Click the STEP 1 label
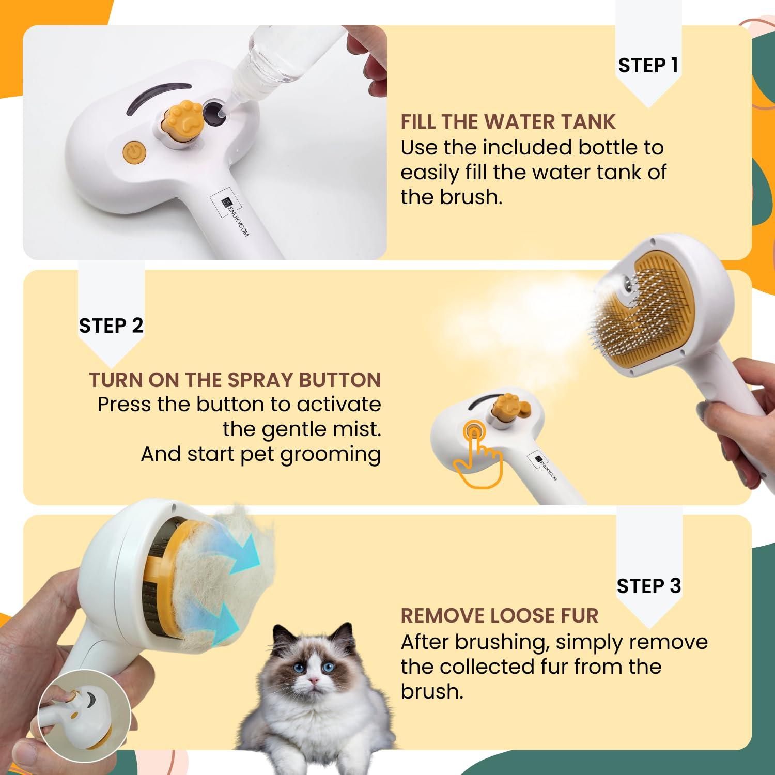[648, 66]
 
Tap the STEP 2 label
[111, 326]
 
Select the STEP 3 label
[648, 586]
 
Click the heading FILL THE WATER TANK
[508, 122]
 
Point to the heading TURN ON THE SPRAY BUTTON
[235, 380]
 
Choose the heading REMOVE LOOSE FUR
[499, 616]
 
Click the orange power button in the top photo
[134, 152]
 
